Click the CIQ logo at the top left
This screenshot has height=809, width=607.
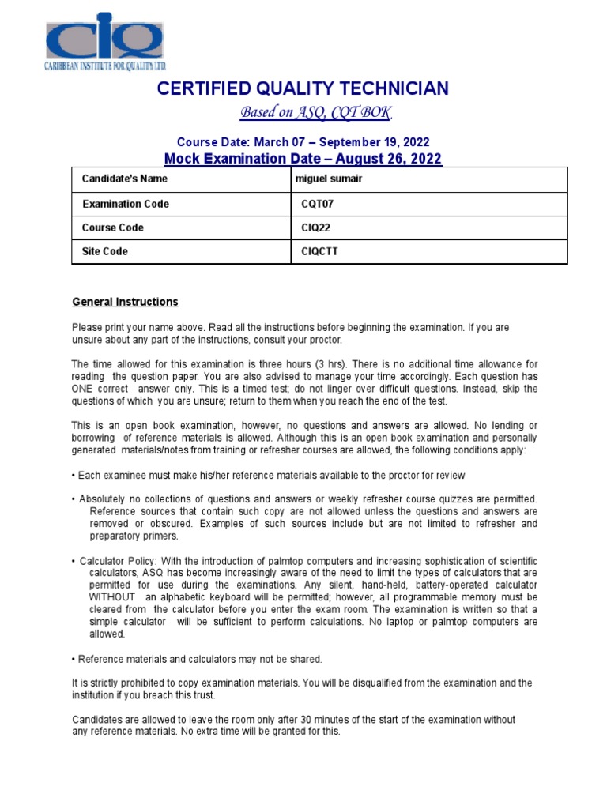tap(103, 41)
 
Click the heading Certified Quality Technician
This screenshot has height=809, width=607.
tap(303, 88)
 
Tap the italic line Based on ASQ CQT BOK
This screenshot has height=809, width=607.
tap(315, 113)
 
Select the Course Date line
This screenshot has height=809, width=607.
tap(303, 142)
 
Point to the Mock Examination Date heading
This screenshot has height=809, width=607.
tap(303, 159)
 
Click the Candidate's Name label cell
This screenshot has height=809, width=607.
tap(125, 179)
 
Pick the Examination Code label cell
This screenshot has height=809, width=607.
tap(126, 204)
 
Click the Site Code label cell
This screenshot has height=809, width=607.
tap(105, 251)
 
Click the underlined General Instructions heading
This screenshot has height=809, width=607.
tap(125, 302)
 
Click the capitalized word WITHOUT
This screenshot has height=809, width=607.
tap(111, 597)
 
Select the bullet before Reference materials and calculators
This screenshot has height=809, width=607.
tap(74, 659)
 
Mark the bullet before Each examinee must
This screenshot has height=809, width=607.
tap(74, 476)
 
